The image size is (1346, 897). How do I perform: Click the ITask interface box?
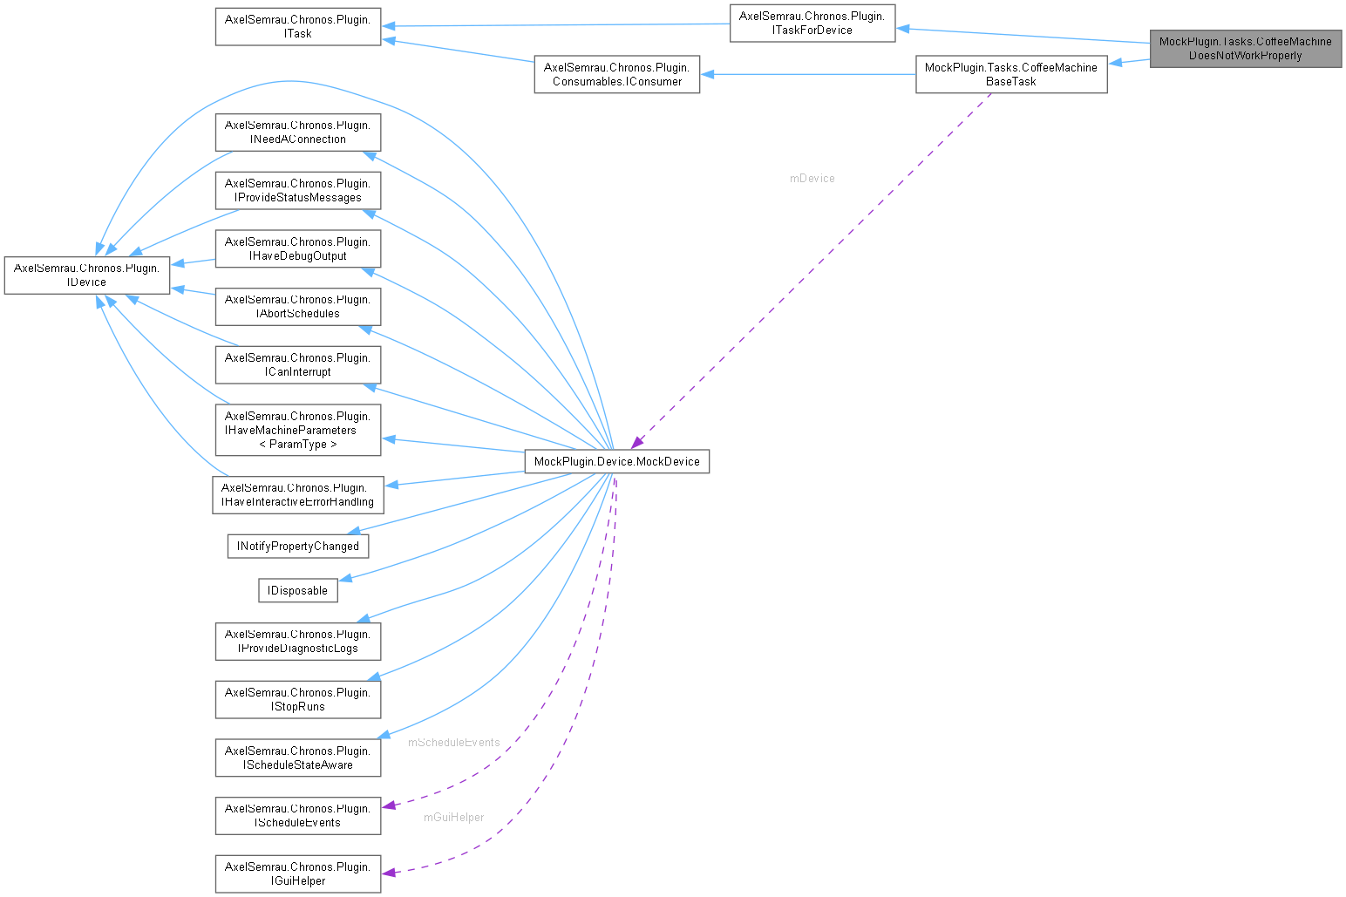(x=297, y=26)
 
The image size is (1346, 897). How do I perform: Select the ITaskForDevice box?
(x=812, y=23)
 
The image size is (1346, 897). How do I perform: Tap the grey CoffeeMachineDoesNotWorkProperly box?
(x=1245, y=48)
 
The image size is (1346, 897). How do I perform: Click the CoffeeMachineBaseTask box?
(x=1010, y=74)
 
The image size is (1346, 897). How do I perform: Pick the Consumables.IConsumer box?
(x=616, y=74)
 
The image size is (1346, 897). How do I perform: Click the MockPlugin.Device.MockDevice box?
(x=616, y=461)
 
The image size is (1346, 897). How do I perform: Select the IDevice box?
(x=86, y=275)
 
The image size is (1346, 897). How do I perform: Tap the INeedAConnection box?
(x=297, y=132)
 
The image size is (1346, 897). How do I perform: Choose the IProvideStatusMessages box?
(x=297, y=190)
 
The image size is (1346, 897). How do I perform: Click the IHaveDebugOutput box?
(x=297, y=248)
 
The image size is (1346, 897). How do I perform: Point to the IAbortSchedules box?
(x=297, y=306)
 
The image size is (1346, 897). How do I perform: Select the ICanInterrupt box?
(x=297, y=364)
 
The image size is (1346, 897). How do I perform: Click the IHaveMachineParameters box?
(x=297, y=430)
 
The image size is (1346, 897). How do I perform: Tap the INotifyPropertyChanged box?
(x=297, y=546)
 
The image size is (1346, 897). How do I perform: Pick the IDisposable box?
(x=297, y=590)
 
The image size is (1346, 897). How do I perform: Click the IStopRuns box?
(x=297, y=699)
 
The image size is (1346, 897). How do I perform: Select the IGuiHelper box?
(x=297, y=873)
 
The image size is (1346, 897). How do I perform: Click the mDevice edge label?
(x=812, y=178)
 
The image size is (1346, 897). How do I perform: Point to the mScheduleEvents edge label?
(x=453, y=742)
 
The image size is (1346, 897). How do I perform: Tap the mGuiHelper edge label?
(x=453, y=817)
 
